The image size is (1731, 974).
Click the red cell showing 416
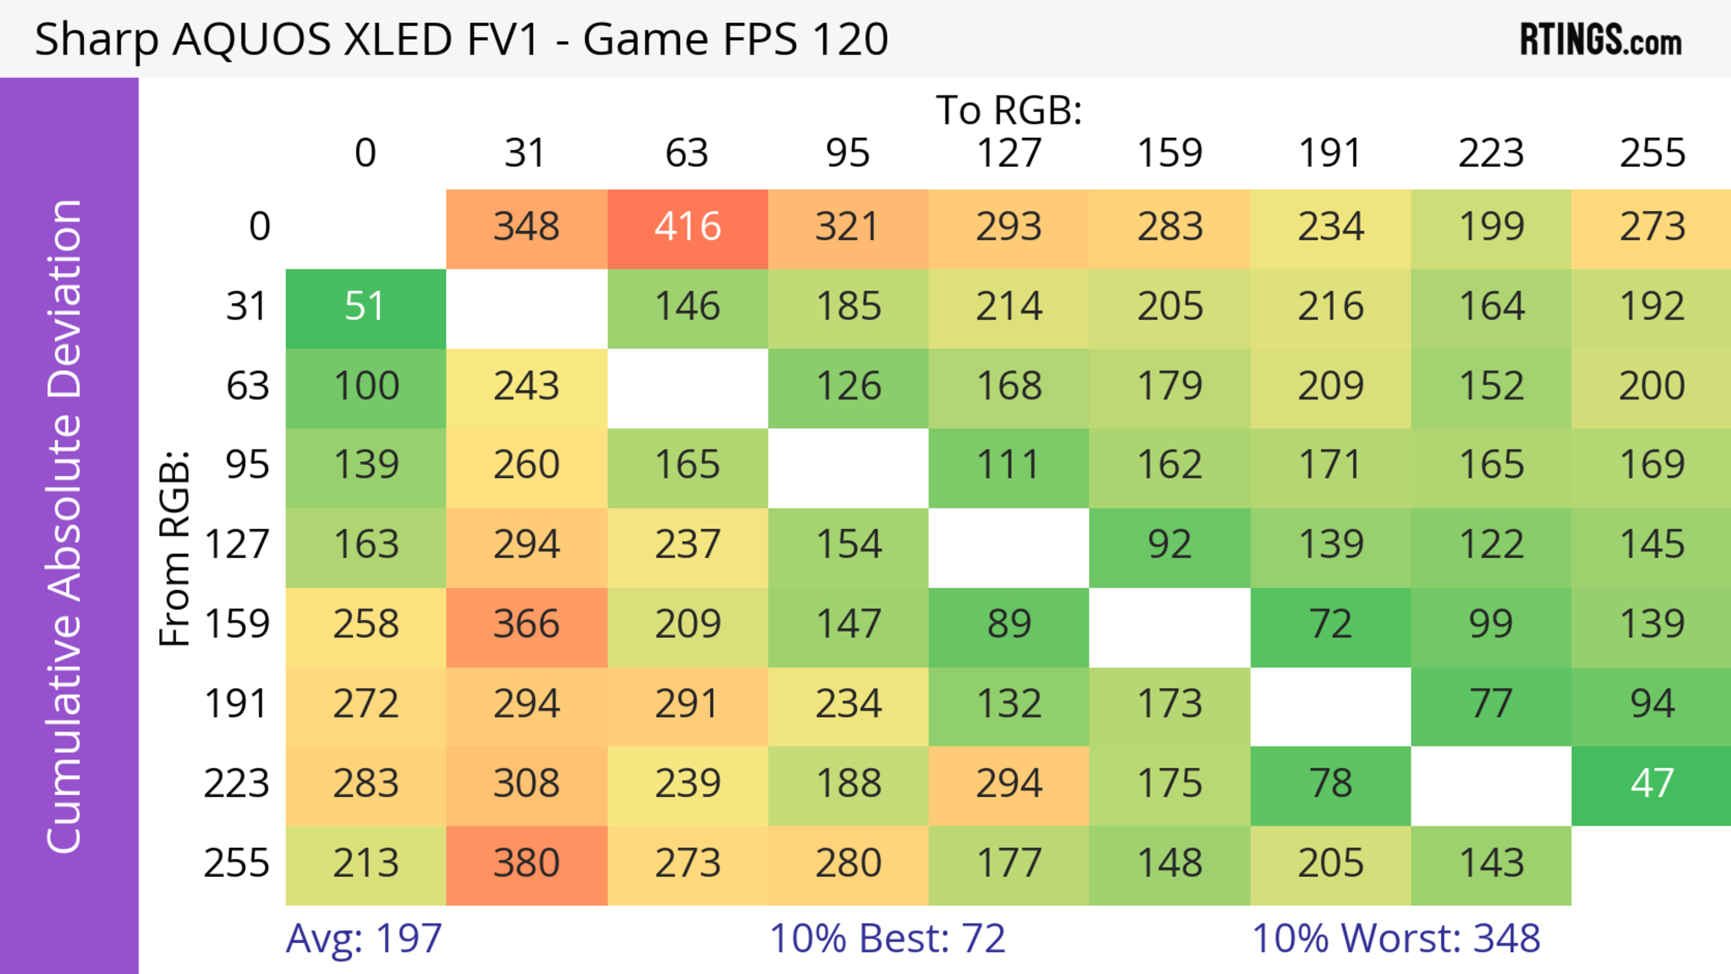click(687, 228)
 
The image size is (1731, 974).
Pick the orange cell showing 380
click(526, 864)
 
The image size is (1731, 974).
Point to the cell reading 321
click(848, 228)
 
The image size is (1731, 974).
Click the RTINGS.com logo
click(1601, 40)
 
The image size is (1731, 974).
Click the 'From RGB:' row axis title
click(175, 548)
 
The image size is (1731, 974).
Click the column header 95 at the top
click(848, 154)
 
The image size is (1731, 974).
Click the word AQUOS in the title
click(252, 40)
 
